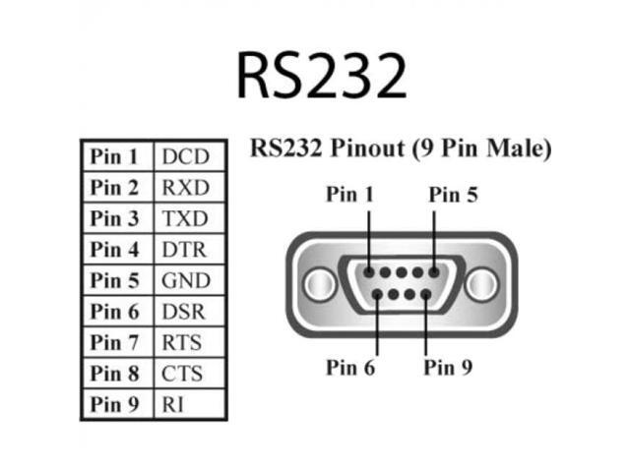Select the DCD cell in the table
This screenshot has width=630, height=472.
click(x=185, y=156)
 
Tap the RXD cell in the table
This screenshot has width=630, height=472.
click(x=185, y=187)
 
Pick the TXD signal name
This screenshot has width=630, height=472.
click(x=185, y=218)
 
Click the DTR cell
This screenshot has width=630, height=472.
click(x=185, y=250)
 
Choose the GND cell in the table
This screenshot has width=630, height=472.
click(x=186, y=281)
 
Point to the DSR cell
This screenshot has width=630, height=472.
click(x=185, y=312)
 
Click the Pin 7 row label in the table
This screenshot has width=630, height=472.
click(x=116, y=343)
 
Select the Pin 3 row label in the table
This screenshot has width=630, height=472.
click(x=116, y=218)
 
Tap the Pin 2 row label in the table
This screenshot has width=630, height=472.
click(x=116, y=187)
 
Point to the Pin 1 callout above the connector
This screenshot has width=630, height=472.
click(x=350, y=195)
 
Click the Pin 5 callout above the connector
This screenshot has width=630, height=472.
click(x=453, y=195)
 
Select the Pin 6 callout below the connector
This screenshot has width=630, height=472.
click(x=350, y=368)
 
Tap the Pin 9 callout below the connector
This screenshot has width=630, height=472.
click(x=448, y=368)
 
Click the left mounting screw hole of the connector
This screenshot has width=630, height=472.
click(x=317, y=285)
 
